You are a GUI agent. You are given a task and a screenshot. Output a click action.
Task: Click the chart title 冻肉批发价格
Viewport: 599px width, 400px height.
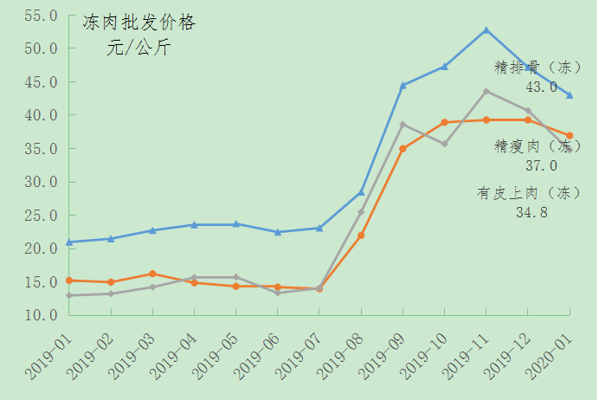(139, 23)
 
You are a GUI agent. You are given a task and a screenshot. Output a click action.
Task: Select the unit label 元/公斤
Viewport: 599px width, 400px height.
(138, 48)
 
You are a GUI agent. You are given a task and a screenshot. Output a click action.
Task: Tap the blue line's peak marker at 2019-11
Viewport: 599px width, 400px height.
(486, 30)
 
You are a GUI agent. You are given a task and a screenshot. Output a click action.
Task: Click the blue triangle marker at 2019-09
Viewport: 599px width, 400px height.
(403, 85)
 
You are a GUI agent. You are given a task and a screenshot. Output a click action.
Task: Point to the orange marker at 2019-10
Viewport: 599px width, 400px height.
(444, 122)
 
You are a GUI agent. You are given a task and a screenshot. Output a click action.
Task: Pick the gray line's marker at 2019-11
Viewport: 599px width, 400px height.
(486, 91)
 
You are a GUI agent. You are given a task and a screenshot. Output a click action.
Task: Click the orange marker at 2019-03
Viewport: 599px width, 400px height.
(152, 274)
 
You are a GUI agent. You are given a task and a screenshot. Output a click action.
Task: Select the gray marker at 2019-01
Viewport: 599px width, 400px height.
(69, 295)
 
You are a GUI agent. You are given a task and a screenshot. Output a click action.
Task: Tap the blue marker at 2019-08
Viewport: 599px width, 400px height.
(361, 192)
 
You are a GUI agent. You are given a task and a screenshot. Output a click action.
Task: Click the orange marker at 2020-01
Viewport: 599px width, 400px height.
(570, 136)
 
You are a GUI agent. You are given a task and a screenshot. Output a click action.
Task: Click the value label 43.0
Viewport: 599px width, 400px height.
(541, 87)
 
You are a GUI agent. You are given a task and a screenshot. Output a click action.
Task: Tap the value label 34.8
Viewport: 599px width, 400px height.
(531, 212)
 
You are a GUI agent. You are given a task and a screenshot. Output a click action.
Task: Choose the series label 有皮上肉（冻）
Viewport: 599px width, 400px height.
(529, 192)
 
